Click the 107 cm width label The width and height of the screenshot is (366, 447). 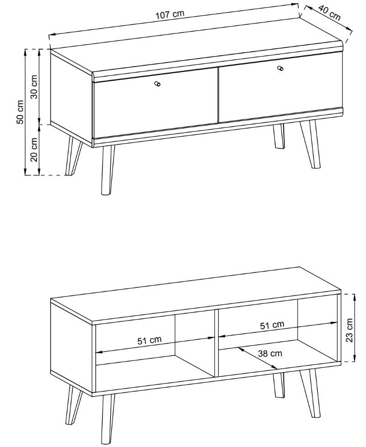tap(170, 14)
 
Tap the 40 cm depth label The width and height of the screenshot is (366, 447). tap(329, 13)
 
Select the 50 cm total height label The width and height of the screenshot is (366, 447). tap(20, 112)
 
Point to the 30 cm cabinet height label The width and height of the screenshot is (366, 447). tap(34, 87)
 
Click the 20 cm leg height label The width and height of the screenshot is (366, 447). tap(34, 149)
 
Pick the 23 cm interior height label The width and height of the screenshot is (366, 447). tap(349, 330)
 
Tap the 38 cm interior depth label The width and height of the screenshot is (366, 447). tap(270, 353)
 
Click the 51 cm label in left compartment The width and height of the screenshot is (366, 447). tap(149, 340)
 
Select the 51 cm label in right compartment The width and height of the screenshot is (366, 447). tap(272, 325)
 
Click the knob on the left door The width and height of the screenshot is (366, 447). tap(157, 83)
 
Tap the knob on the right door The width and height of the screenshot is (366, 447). tap(281, 69)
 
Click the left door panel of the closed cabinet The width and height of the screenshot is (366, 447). tap(155, 103)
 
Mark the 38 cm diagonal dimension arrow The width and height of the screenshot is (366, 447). tap(258, 358)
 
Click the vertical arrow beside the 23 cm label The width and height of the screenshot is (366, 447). tap(354, 328)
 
